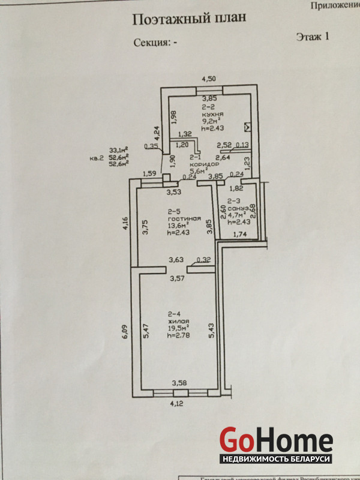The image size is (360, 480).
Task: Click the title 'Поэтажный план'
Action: tap(188, 19)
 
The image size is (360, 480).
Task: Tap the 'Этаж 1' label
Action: tap(313, 37)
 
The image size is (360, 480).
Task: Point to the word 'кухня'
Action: tap(214, 113)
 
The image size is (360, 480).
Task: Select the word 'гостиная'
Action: tap(178, 218)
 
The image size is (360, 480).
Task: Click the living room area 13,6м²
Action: tap(178, 226)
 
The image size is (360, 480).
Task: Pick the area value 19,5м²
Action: tap(178, 328)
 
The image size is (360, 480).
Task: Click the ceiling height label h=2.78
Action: tap(178, 335)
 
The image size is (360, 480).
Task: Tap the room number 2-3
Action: tap(233, 202)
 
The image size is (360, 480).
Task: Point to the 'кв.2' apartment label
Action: tap(97, 158)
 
